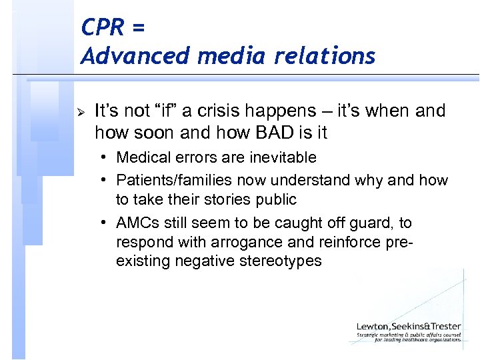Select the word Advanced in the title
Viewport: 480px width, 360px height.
(135, 56)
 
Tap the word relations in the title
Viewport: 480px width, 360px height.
(326, 56)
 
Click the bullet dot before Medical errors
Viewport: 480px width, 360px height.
(106, 158)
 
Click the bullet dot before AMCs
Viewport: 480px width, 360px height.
(106, 222)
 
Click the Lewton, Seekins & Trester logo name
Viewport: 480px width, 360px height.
(408, 326)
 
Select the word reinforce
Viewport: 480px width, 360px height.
(359, 242)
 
